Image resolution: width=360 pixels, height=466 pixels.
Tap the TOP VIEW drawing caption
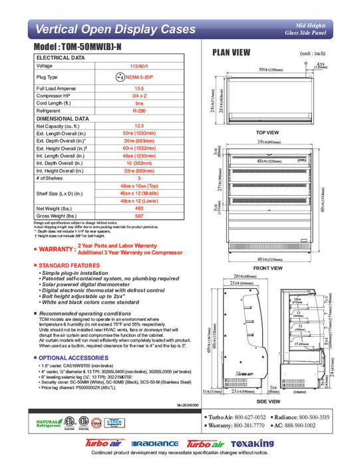click(267, 132)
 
